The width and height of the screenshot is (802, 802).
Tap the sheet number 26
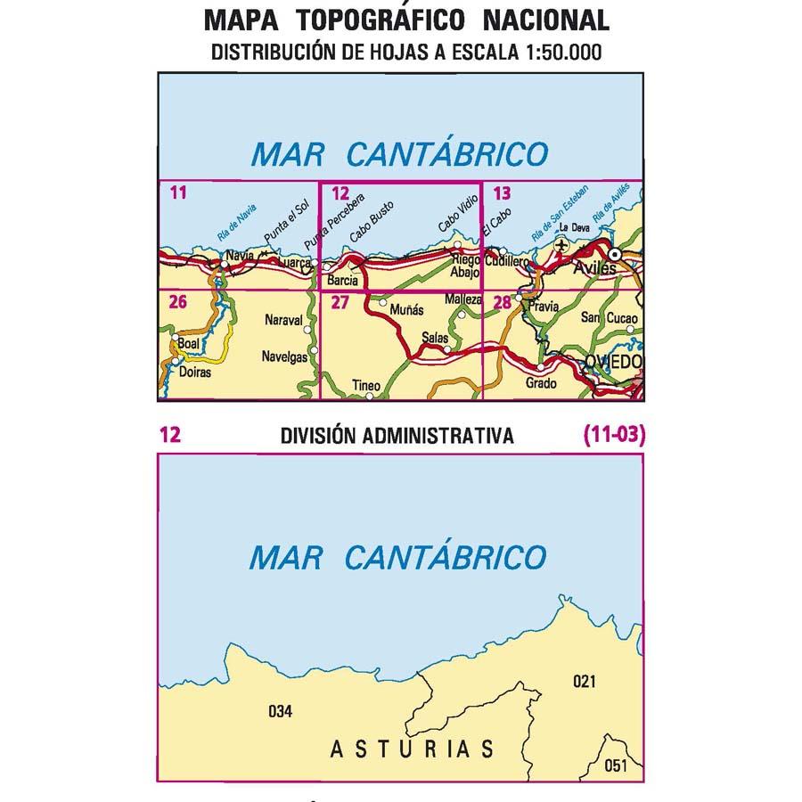click(177, 302)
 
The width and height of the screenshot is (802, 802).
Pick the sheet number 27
click(339, 303)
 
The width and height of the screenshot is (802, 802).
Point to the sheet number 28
click(503, 303)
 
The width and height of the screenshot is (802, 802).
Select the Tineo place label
click(366, 386)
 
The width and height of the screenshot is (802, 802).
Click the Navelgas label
click(285, 357)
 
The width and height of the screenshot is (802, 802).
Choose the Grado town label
click(541, 383)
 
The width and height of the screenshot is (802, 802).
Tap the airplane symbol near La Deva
click(561, 242)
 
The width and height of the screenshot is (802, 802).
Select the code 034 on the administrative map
click(280, 711)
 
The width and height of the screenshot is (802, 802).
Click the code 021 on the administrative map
click(584, 682)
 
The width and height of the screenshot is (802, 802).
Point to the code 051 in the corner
click(615, 765)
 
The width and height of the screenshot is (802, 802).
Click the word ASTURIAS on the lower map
click(412, 749)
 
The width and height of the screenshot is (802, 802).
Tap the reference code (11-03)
click(614, 435)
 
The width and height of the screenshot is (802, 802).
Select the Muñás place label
click(405, 311)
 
